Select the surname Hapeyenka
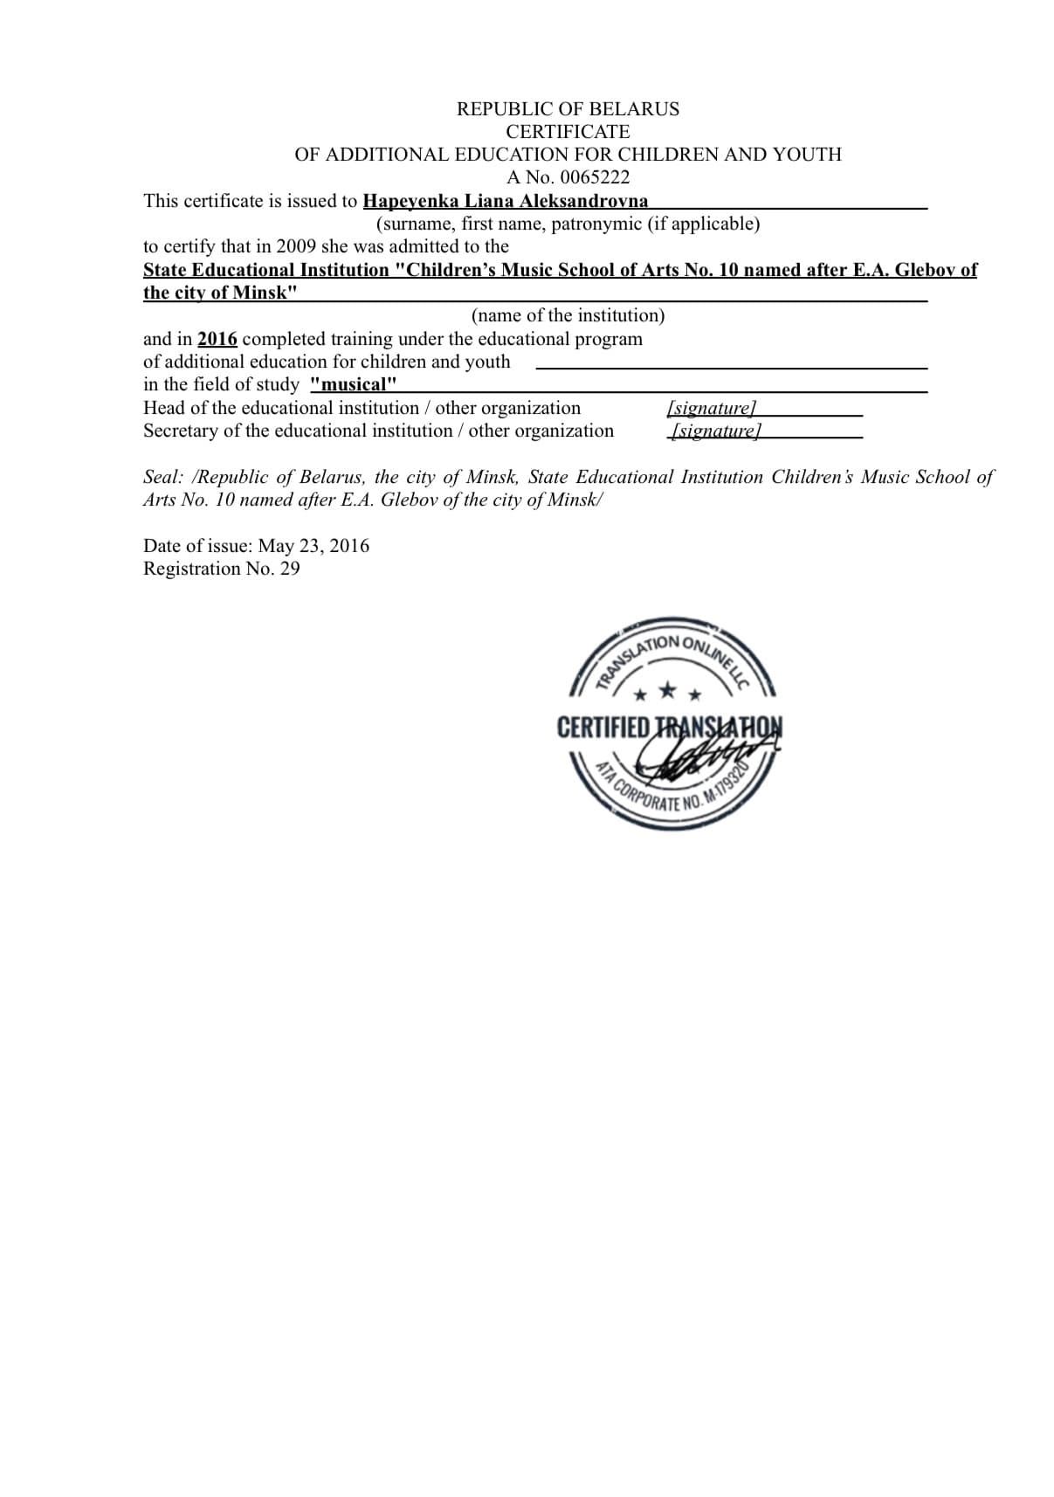(x=410, y=201)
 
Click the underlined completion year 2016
(x=217, y=339)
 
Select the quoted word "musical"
(x=354, y=384)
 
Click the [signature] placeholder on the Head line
(x=711, y=408)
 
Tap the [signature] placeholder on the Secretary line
(x=716, y=431)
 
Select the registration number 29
(x=290, y=569)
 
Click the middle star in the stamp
(x=667, y=691)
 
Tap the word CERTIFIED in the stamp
(x=603, y=728)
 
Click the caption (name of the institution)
(x=568, y=315)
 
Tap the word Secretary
(x=181, y=431)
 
